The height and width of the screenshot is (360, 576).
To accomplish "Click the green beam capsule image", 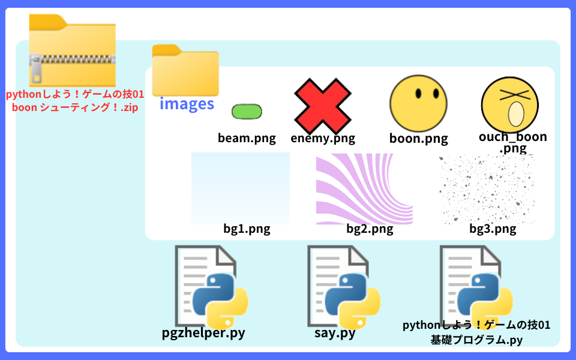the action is [247, 112].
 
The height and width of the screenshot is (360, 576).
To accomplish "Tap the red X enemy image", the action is [323, 106].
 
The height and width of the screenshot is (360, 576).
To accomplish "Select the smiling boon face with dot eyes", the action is [418, 104].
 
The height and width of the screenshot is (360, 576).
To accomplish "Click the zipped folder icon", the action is [73, 50].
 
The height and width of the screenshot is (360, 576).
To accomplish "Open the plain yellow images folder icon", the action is [185, 71].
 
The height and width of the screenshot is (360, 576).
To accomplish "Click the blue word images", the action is [187, 104].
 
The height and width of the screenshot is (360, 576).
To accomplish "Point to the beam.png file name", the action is [247, 138].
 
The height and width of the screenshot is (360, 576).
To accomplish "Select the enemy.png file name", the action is [323, 138].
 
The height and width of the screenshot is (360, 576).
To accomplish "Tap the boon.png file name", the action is [418, 139].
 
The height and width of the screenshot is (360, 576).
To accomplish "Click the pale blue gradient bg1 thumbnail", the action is [241, 188].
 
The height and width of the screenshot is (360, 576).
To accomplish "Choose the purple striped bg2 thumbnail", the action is [364, 189].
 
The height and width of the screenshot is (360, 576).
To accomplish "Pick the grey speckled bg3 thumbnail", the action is [487, 189].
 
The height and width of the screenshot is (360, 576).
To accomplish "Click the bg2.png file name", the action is [370, 229].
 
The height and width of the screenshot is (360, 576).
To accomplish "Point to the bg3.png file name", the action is [493, 229].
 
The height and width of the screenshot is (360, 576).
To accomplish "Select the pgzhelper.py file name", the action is [203, 333].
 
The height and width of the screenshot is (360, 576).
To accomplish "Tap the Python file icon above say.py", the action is [344, 287].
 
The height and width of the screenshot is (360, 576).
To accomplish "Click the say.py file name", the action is [335, 333].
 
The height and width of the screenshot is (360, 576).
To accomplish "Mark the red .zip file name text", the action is [75, 101].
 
